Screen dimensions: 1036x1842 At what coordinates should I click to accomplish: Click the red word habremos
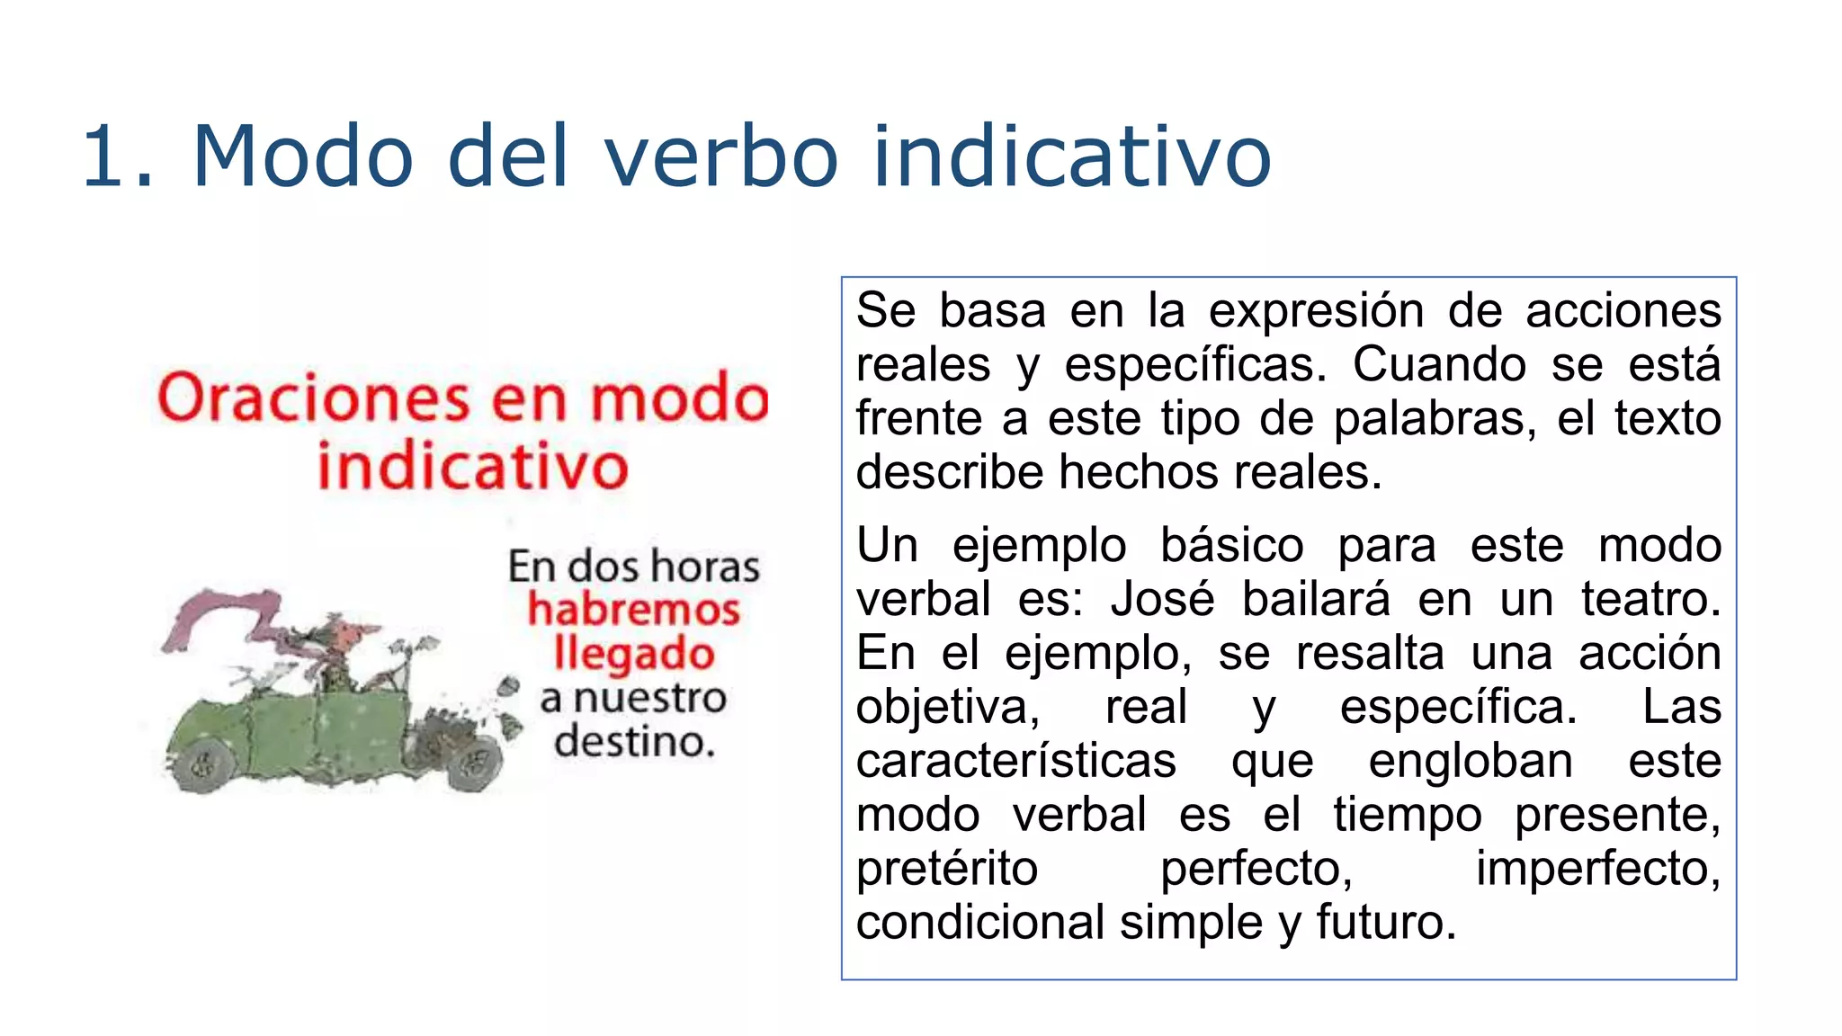click(x=634, y=610)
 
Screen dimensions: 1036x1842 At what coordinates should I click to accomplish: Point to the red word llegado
click(x=634, y=655)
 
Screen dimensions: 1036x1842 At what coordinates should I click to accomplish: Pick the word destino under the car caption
click(x=634, y=743)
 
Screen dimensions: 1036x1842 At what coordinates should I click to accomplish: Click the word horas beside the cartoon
click(x=705, y=567)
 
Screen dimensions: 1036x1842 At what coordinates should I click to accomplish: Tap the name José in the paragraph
click(x=1162, y=599)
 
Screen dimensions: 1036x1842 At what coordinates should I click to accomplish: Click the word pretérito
click(x=947, y=869)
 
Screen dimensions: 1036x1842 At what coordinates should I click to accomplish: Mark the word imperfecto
click(x=1597, y=869)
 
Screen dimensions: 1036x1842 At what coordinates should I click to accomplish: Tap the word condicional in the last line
click(x=980, y=923)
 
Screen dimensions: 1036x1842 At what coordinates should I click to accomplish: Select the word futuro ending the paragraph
click(x=1385, y=923)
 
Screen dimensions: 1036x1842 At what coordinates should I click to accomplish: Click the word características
click(x=1015, y=761)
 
